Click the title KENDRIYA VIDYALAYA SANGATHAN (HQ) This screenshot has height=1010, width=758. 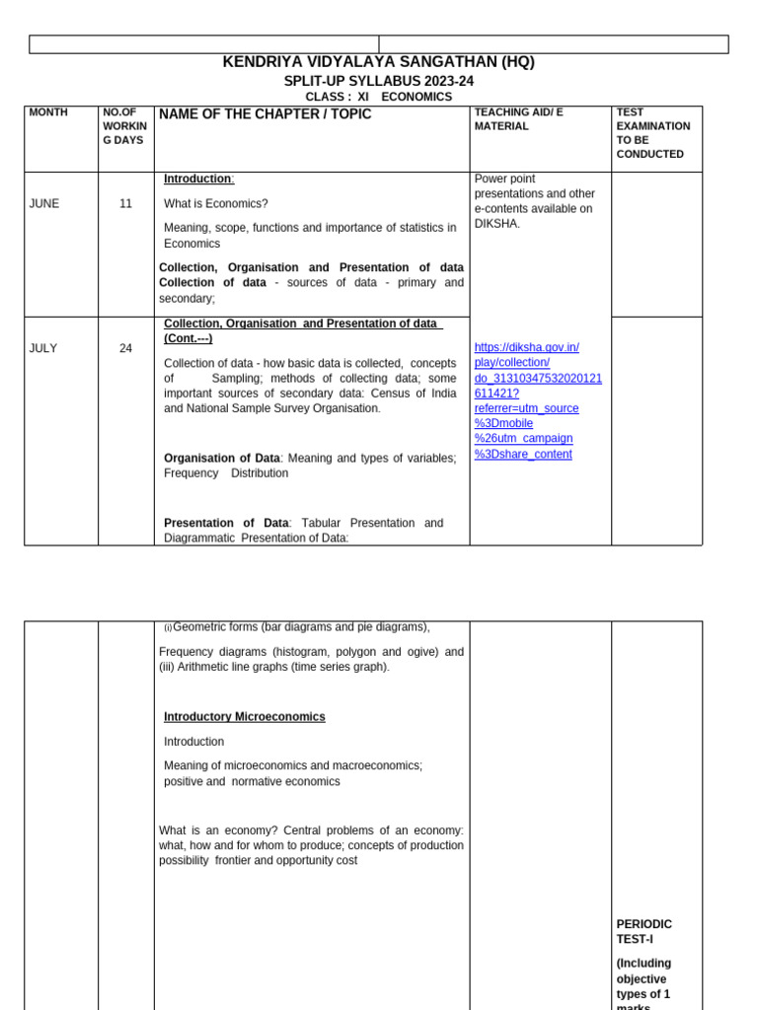(378, 62)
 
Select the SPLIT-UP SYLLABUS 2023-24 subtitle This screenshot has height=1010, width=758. (378, 81)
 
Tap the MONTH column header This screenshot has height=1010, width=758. (48, 112)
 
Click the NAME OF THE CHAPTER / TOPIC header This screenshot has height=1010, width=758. (265, 114)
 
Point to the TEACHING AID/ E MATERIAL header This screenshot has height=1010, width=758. (518, 119)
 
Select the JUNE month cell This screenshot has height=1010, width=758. (44, 203)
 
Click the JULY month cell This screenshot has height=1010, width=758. (43, 348)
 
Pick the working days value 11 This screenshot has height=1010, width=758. (125, 203)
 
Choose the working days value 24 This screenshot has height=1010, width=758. (125, 348)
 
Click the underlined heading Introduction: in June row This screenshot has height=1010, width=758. (198, 179)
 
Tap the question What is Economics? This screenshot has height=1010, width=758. (215, 203)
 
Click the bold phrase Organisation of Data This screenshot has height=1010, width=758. (222, 458)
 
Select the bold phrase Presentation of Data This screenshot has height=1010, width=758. (226, 523)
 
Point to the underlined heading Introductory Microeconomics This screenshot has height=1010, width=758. (244, 717)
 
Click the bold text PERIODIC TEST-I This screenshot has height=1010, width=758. (644, 931)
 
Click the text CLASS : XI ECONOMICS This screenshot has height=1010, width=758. (378, 97)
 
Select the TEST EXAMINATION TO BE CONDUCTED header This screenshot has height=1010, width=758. (652, 133)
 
